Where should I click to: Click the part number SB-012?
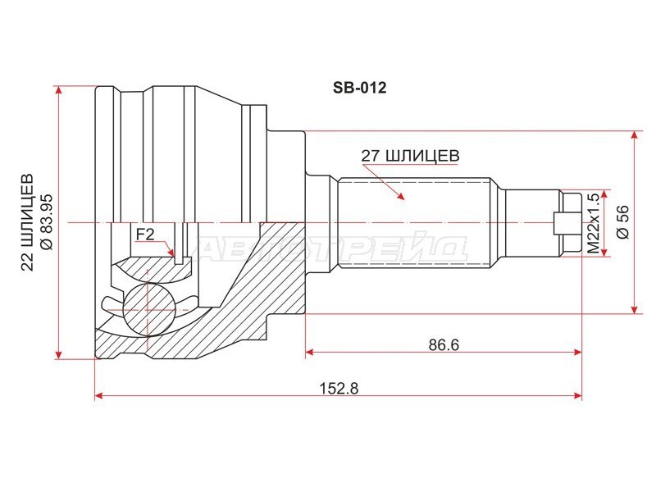(359, 88)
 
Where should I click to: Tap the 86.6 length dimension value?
(444, 344)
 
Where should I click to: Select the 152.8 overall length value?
(339, 388)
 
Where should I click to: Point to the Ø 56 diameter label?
(622, 221)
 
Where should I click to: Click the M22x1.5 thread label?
(593, 223)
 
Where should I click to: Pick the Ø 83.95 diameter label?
(46, 222)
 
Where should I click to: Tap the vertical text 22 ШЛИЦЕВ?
(28, 222)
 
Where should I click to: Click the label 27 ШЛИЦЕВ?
(411, 156)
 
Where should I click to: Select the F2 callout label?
(145, 235)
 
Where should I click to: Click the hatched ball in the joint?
(148, 309)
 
